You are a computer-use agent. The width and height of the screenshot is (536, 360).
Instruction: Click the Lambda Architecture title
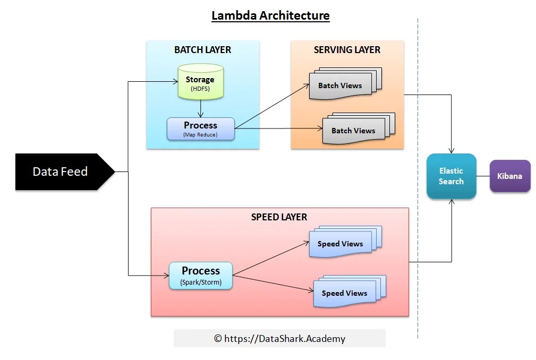[x=270, y=15]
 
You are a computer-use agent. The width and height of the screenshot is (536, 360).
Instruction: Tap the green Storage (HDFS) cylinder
[x=200, y=82]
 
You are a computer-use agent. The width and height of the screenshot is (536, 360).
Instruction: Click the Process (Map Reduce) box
[x=200, y=128]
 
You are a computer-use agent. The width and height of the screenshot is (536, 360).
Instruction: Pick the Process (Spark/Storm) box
[x=201, y=275]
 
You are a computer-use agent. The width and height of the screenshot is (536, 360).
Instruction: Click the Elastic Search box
[x=451, y=176]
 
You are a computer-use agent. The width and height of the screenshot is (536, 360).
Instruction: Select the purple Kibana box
[x=509, y=176]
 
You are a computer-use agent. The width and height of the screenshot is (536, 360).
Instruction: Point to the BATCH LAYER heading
[x=202, y=50]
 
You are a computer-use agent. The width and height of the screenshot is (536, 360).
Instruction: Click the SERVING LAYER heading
[x=347, y=50]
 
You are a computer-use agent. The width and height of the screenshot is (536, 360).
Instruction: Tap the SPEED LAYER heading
[x=279, y=217]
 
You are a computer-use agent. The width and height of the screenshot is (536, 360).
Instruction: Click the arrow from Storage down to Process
[x=200, y=108]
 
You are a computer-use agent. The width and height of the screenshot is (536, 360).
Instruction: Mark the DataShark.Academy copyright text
[x=279, y=338]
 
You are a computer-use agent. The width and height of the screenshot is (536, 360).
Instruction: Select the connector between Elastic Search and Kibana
[x=483, y=176]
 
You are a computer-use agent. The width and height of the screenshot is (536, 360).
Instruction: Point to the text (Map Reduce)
[x=200, y=135]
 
